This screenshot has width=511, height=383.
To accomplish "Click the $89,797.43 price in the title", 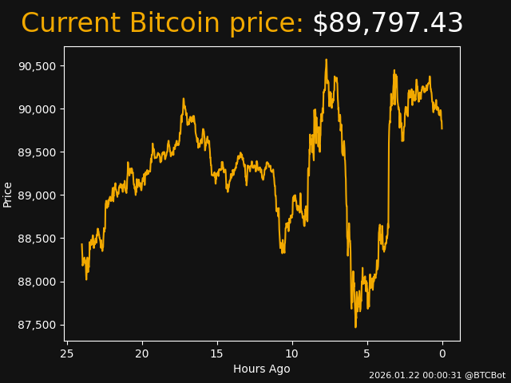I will pyautogui.click(x=387, y=24).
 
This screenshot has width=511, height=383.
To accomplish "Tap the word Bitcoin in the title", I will pyautogui.click(x=174, y=24).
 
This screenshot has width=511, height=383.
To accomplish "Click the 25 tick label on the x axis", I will pyautogui.click(x=67, y=353).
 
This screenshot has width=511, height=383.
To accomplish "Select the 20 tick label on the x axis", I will pyautogui.click(x=142, y=353).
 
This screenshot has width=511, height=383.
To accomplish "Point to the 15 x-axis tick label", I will pyautogui.click(x=217, y=353).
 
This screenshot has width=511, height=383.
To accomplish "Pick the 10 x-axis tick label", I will pyautogui.click(x=292, y=353).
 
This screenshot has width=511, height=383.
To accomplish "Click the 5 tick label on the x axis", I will pyautogui.click(x=367, y=353).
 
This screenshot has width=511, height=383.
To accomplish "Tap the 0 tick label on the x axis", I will pyautogui.click(x=442, y=353).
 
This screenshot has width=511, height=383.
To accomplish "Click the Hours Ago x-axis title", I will pyautogui.click(x=261, y=369).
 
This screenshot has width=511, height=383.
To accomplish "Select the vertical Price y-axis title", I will pyautogui.click(x=8, y=194).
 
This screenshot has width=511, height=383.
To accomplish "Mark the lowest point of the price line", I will pyautogui.click(x=356, y=326).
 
